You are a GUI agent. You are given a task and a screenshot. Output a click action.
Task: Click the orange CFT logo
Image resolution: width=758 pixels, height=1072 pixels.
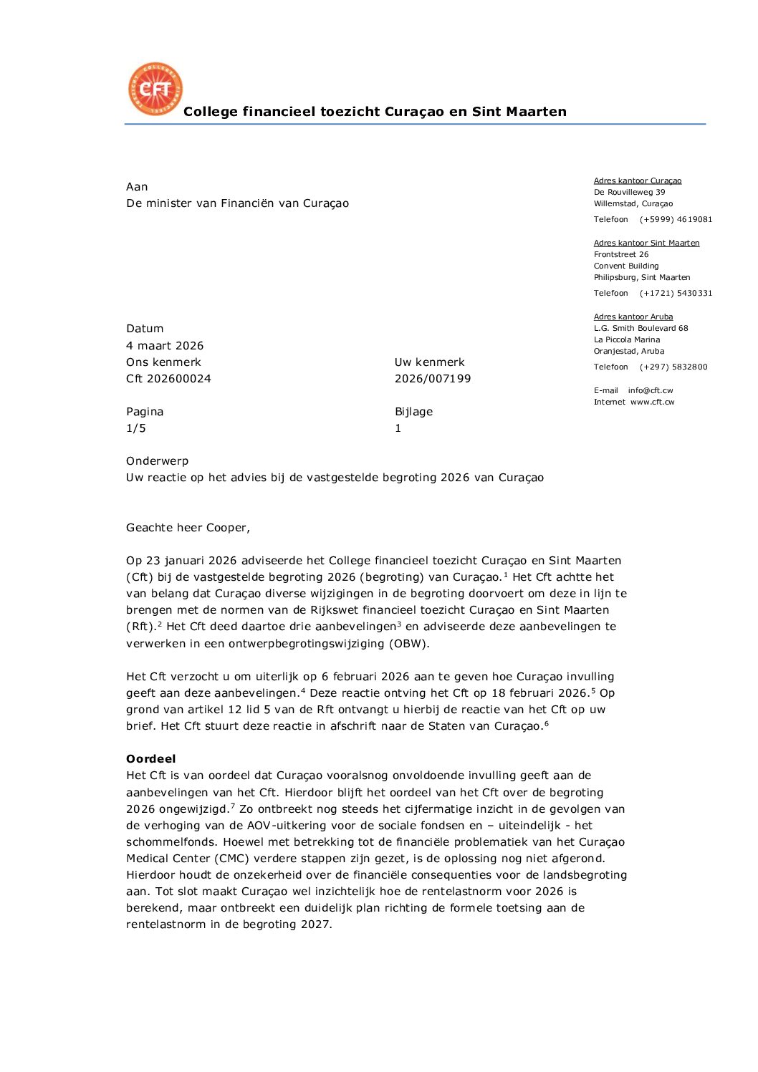pos(155,89)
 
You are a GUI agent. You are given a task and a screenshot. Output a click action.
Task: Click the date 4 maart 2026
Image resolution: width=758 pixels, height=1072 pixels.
pos(165,345)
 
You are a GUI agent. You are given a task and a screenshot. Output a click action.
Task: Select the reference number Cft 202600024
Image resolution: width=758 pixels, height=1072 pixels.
pos(168,378)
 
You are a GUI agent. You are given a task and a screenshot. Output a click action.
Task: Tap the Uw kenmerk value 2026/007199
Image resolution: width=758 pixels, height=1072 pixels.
pos(433,378)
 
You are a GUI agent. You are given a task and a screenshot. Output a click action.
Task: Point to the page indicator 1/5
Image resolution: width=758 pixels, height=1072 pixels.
pos(136,428)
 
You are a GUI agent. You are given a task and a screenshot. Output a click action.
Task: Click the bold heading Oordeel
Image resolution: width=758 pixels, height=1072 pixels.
pos(150,759)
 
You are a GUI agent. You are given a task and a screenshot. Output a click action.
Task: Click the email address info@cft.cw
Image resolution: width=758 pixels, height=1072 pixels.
pos(651,390)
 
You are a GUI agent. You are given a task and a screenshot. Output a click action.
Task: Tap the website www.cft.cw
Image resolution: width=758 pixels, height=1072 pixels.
pos(652,402)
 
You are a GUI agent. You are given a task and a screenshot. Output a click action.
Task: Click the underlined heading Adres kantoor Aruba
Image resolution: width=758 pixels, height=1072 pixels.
pos(633,317)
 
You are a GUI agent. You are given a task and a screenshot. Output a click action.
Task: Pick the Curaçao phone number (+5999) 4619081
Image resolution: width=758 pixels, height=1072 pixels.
pos(676,219)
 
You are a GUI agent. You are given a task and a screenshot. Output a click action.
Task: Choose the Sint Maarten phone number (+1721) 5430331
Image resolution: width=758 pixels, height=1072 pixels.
pos(676,293)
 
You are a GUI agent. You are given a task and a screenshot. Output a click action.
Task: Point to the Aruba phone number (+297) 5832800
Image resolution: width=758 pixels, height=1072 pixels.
pos(673,367)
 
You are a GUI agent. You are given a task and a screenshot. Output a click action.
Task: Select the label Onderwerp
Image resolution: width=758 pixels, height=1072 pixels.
pos(157,461)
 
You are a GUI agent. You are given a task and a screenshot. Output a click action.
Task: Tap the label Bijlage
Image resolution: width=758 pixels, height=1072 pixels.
pos(413,412)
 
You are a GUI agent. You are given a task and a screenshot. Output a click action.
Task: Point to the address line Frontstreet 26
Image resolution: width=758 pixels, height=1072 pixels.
pos(621,254)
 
